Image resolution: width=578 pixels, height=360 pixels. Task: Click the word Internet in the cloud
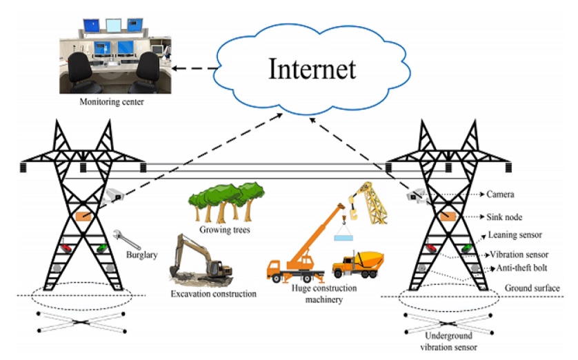point(312,69)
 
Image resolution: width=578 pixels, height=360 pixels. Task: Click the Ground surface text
point(532,288)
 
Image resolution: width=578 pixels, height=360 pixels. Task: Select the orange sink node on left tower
point(84,217)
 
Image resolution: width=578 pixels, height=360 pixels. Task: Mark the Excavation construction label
point(213,294)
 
